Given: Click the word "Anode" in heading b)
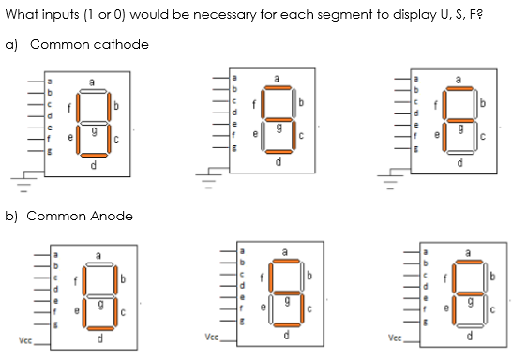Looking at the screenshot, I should [x=110, y=216].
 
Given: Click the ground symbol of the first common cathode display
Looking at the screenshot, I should [x=19, y=177].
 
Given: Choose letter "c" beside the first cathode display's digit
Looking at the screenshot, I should [x=116, y=141].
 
